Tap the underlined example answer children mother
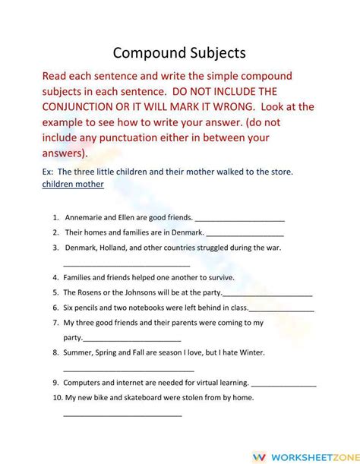pos(73,184)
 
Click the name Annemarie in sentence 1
pos(87,217)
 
